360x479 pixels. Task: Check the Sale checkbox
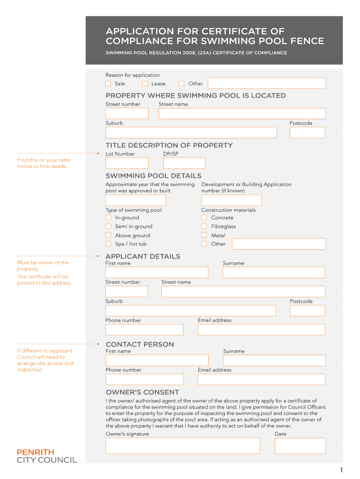coord(108,84)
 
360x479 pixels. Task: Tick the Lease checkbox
coord(145,84)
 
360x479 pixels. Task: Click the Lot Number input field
coord(127,163)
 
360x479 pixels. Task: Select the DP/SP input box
coord(184,163)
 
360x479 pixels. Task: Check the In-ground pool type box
coord(108,218)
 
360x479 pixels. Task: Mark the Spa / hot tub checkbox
coord(108,244)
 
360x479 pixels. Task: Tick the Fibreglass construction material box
coord(204,226)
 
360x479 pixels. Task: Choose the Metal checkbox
coord(204,235)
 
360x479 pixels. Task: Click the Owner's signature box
coord(182,446)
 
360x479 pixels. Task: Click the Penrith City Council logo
coord(47,456)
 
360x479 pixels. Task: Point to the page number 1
coord(342,470)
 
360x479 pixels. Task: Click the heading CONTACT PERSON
coord(140,344)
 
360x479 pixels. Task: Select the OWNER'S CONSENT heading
coord(142,392)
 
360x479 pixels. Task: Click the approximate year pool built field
coord(136,200)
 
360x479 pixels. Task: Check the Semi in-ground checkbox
coord(108,226)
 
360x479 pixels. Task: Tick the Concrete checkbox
coord(204,218)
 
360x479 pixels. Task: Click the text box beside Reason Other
coord(266,83)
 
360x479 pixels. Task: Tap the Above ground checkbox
coord(108,235)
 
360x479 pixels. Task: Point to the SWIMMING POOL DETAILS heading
coord(153,176)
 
